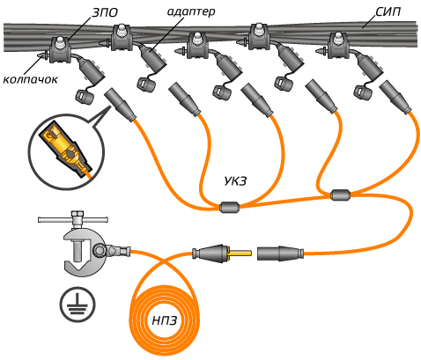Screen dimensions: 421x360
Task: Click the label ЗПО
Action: coord(105,12)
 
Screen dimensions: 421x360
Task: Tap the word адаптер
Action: coord(191,11)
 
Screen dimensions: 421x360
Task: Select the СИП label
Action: coord(388,11)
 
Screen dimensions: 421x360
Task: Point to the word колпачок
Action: coord(30,79)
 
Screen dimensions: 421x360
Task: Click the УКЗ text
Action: coord(235,181)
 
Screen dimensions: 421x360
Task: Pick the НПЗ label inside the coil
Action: coord(165,320)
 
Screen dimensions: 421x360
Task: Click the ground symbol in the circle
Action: coord(78,305)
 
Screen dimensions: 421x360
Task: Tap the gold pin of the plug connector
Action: coord(240,253)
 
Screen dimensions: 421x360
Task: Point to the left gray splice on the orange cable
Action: coord(229,207)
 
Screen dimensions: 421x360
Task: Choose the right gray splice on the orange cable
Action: coord(340,195)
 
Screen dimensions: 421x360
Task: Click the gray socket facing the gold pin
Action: coord(280,253)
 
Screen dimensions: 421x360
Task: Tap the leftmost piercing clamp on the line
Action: coord(60,50)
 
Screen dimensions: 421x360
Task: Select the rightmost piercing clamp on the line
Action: coord(339,46)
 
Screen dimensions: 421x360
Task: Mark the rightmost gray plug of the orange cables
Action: coord(395,97)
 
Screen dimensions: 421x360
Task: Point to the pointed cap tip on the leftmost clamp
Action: coord(39,55)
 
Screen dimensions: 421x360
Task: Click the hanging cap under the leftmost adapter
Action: coord(85,97)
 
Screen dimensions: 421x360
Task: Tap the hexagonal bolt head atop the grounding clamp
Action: coord(77,214)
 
